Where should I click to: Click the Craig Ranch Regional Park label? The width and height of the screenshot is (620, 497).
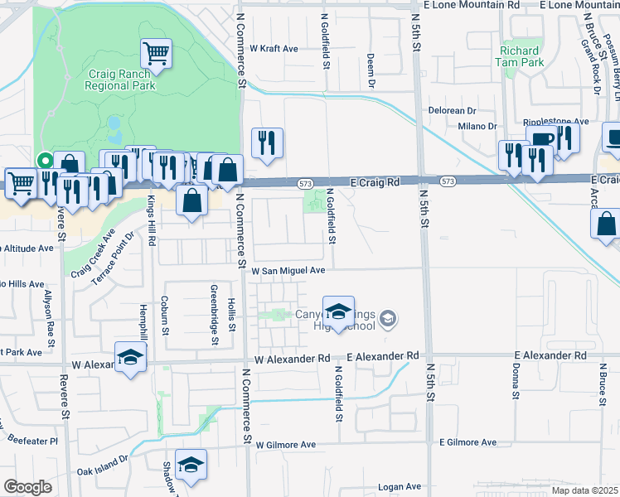point(123,79)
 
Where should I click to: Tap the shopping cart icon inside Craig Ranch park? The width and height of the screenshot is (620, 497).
point(156,54)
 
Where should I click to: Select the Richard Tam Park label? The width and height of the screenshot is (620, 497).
point(520,55)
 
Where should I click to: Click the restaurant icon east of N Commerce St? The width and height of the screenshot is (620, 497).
point(267,143)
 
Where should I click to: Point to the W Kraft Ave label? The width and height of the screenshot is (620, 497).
point(274,49)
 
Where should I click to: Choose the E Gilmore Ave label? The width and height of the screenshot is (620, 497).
point(471,443)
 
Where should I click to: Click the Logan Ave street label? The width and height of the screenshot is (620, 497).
point(400,487)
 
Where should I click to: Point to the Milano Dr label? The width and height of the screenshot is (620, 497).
point(477,127)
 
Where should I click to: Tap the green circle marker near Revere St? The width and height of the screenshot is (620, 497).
point(45,161)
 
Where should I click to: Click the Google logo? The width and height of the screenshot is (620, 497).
point(27,487)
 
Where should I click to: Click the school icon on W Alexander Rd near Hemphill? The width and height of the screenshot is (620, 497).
point(130,357)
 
